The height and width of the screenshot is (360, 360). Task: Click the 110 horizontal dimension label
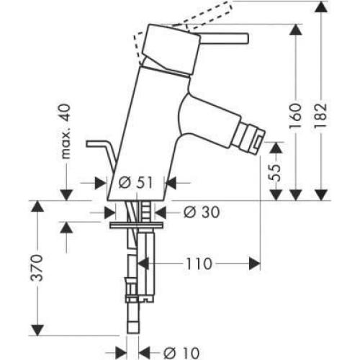click(197, 264)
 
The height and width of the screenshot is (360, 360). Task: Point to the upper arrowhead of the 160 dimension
click(294, 29)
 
